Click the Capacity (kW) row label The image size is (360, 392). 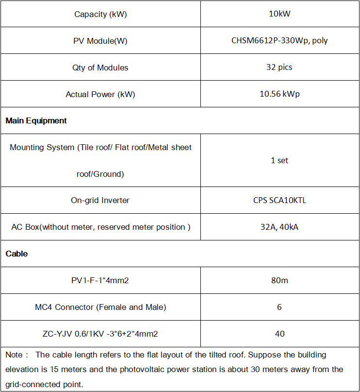[x=100, y=14]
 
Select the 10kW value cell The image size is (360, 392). [x=279, y=14]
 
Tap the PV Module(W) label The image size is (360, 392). [x=100, y=41]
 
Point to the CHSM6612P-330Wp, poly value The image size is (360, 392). [x=279, y=40]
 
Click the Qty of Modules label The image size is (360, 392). [x=100, y=68]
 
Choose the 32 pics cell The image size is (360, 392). [x=279, y=67]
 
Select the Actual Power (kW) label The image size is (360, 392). [x=100, y=94]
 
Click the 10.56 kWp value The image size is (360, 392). [x=279, y=94]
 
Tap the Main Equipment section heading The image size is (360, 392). [x=36, y=120]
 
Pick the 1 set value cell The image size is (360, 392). [x=279, y=160]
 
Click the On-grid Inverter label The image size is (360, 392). [x=100, y=200]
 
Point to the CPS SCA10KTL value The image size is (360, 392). [x=279, y=200]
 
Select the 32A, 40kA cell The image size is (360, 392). [x=279, y=227]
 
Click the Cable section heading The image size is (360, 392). [x=16, y=254]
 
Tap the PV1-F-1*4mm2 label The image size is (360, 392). [x=100, y=280]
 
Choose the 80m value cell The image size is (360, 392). [x=279, y=280]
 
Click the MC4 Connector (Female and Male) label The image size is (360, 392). [x=100, y=307]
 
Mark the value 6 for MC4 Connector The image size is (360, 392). [x=279, y=307]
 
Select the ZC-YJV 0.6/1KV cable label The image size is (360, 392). [x=100, y=334]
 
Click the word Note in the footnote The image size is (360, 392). [x=14, y=355]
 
